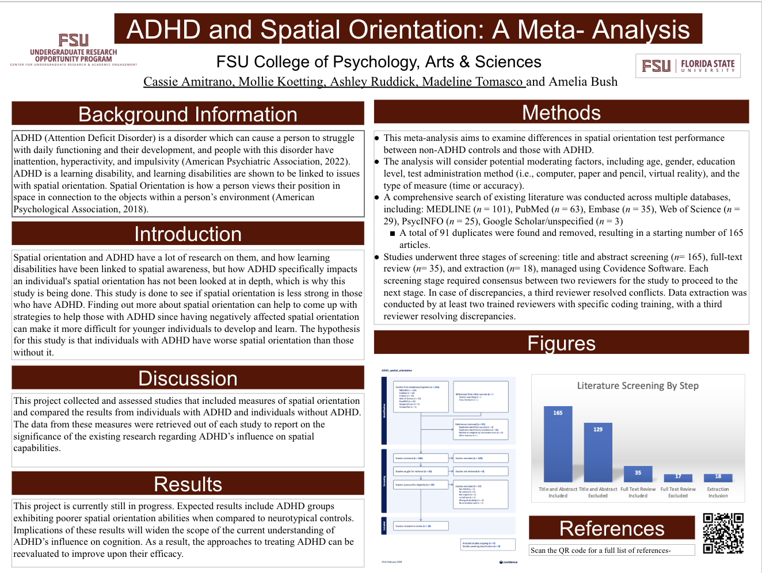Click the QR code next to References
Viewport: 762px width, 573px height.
click(x=723, y=533)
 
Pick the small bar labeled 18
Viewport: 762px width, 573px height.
click(x=718, y=478)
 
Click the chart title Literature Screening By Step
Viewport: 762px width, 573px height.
click(x=638, y=385)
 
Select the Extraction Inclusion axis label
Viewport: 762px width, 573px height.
click(x=718, y=492)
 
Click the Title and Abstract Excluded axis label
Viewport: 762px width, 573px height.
click(x=598, y=492)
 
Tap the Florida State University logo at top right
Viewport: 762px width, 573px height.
click(x=688, y=66)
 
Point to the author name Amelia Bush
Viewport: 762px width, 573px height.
click(x=583, y=82)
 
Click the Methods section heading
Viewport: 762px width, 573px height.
click(x=561, y=113)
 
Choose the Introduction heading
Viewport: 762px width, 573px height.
click(x=188, y=234)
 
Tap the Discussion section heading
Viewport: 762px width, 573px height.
click(x=188, y=379)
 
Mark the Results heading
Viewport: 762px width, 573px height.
click(x=188, y=484)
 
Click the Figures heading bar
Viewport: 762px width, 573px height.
click(x=561, y=343)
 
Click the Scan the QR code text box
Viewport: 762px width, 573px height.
click(x=611, y=551)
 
